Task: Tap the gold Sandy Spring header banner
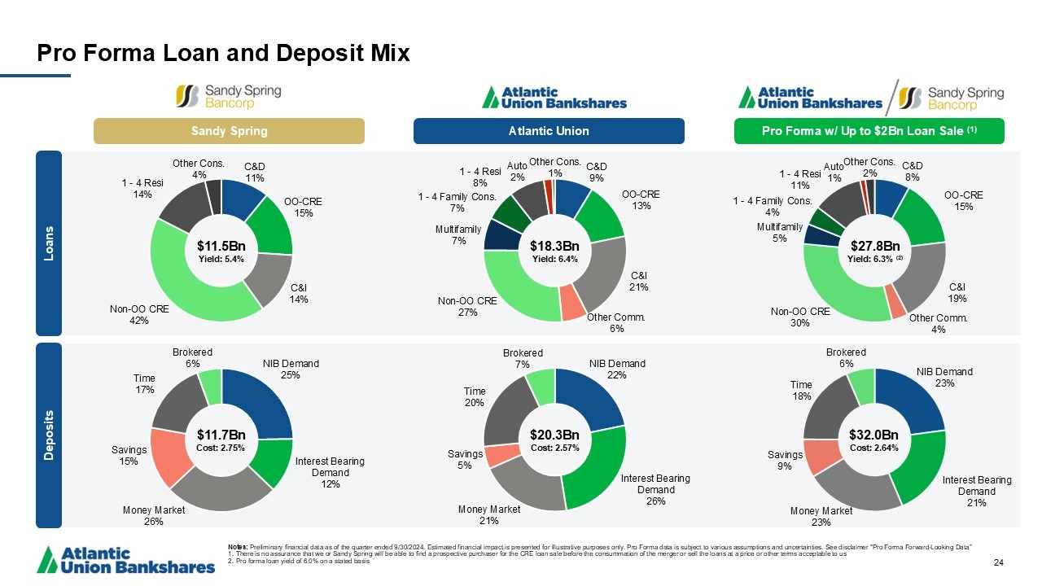[229, 131]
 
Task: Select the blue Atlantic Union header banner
[549, 131]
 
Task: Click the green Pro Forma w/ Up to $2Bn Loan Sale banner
[869, 131]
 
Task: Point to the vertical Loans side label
[49, 242]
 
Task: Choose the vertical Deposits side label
[49, 435]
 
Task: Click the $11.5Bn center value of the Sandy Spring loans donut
[221, 246]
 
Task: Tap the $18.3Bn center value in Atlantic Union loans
[554, 246]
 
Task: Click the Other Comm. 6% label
[616, 322]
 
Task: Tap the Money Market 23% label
[821, 517]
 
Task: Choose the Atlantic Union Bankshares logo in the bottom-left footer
[126, 559]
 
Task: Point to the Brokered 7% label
[523, 358]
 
